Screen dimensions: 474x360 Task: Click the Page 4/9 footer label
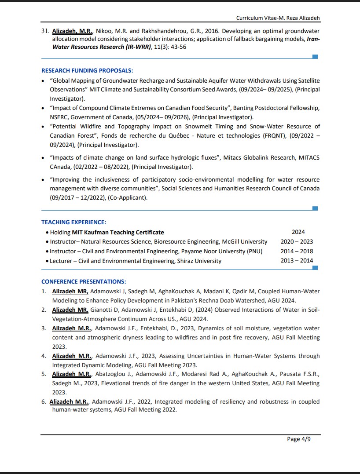click(x=299, y=439)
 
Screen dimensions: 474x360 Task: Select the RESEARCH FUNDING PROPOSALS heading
click(x=87, y=70)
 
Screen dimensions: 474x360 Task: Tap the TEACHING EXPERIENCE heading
click(x=73, y=222)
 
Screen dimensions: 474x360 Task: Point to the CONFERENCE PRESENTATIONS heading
click(x=84, y=281)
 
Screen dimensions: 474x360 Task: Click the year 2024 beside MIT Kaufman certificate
click(x=298, y=232)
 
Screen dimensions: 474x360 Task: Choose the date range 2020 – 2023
click(x=297, y=242)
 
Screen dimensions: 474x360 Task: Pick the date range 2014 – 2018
click(x=297, y=252)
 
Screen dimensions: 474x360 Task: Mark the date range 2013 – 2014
click(x=297, y=261)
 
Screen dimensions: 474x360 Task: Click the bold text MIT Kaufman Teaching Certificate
click(x=112, y=232)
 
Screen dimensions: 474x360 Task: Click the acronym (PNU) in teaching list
click(x=254, y=252)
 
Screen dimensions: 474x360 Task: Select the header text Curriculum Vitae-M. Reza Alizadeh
click(x=278, y=18)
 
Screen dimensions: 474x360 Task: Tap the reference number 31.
click(x=44, y=31)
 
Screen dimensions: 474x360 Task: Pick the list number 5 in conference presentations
click(x=44, y=374)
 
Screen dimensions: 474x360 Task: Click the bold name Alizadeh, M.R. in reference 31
click(x=73, y=31)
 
